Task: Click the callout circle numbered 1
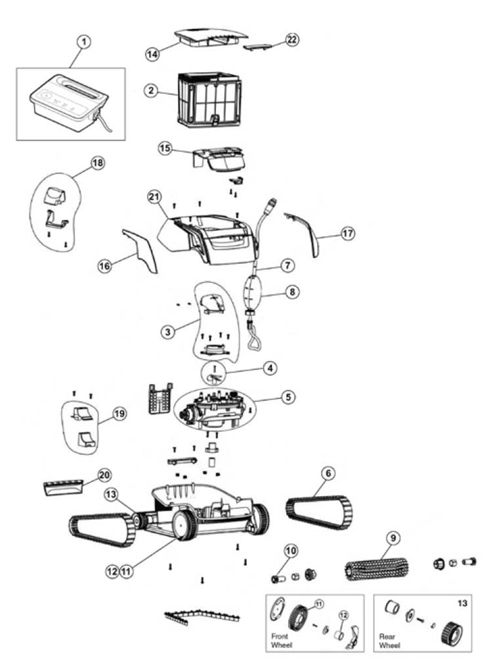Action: point(84,42)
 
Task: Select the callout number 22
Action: point(291,40)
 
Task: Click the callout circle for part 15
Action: point(165,148)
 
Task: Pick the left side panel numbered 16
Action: point(141,250)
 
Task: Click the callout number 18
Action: point(98,163)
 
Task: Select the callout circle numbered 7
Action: point(288,265)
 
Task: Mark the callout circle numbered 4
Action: point(270,368)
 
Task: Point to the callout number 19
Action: point(119,414)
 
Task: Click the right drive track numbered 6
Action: point(319,512)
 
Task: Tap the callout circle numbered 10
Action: point(290,550)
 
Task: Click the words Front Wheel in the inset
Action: point(280,640)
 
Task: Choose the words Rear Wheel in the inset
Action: point(389,640)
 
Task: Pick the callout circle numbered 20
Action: point(104,475)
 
